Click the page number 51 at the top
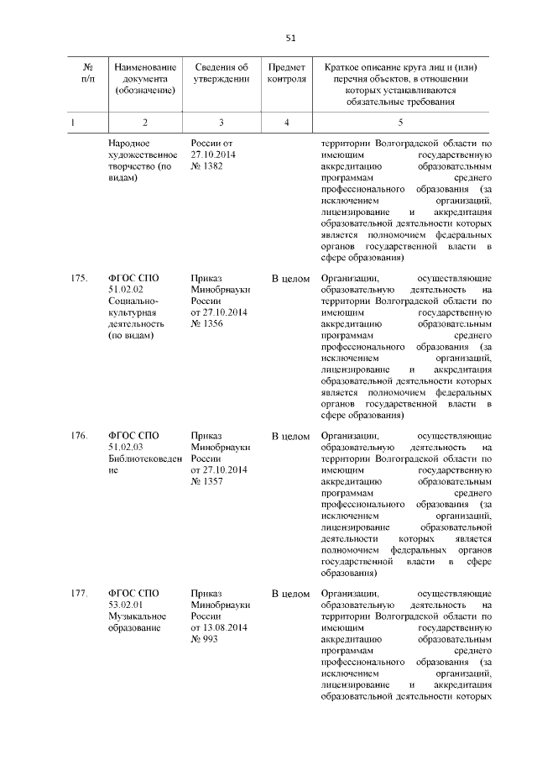coord(290,38)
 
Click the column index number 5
coord(400,123)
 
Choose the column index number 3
coord(221,123)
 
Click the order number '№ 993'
coord(204,640)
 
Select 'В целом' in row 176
coord(290,437)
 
